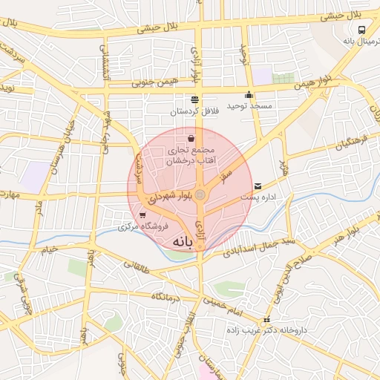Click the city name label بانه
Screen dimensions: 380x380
(x=185, y=242)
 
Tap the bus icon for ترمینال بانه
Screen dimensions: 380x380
(x=361, y=30)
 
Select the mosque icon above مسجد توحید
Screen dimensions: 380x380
(x=249, y=95)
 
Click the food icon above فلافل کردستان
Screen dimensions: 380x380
(x=194, y=99)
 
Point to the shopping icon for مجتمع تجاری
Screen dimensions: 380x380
(x=191, y=138)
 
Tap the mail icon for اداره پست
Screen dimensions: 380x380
(x=258, y=186)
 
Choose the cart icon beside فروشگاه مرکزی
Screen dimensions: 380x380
(x=132, y=215)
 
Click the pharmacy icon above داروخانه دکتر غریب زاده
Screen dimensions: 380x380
(x=266, y=320)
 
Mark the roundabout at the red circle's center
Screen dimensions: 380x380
(x=200, y=194)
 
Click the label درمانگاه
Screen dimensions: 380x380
(x=167, y=296)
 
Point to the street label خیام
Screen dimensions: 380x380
(x=48, y=249)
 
